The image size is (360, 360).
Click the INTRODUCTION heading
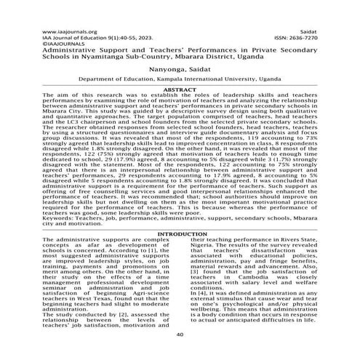point(180,234)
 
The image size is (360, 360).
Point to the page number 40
point(180,334)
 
